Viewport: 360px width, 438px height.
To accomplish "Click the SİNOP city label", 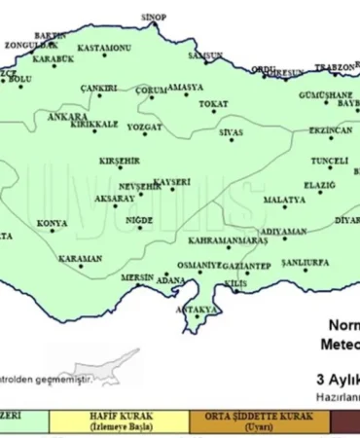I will pos(153,18).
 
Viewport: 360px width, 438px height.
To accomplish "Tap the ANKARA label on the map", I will pos(67,116).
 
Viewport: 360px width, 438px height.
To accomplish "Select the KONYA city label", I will pos(52,223).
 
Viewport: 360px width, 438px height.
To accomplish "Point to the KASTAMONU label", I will pos(104,48).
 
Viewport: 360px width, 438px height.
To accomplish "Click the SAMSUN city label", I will pos(205,56).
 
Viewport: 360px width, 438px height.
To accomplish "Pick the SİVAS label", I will pos(231,130).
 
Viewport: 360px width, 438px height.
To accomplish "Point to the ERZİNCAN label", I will pos(329,129).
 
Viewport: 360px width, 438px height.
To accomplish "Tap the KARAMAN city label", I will pos(80,259).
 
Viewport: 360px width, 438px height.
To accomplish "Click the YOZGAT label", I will pos(144,127).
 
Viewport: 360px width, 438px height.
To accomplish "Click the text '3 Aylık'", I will pos(337,379).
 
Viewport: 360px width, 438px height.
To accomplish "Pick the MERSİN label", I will pos(137,277).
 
